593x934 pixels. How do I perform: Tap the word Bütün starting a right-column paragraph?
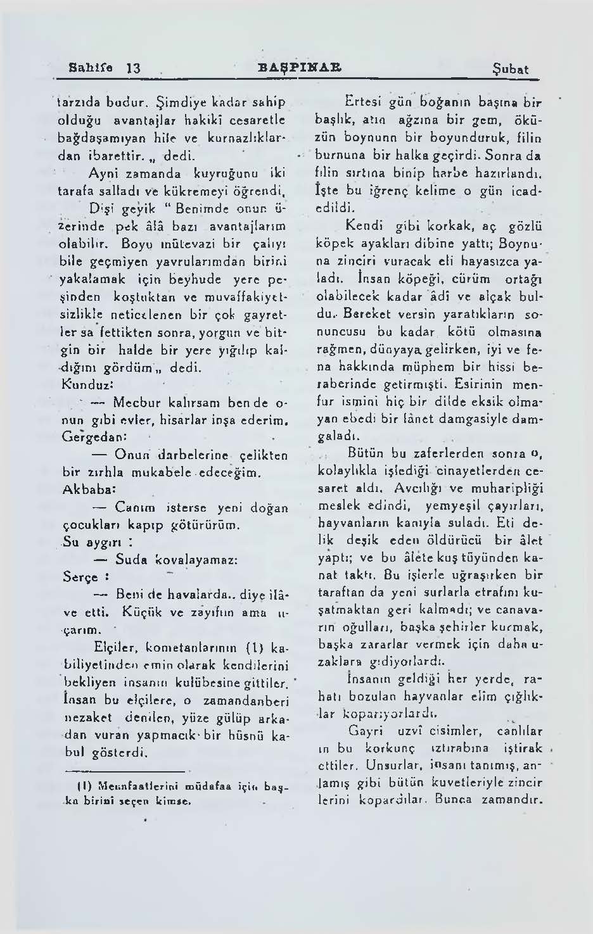[x=367, y=453]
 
